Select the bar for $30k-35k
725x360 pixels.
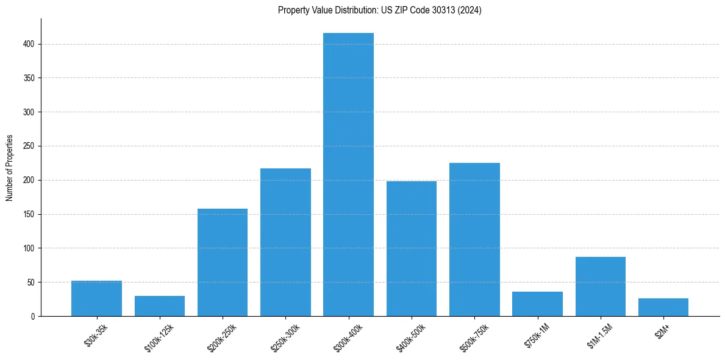(x=96, y=298)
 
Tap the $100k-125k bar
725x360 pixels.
(x=160, y=306)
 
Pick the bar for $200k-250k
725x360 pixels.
(x=223, y=262)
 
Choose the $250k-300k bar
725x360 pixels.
(x=285, y=242)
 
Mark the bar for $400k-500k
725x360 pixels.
(x=412, y=248)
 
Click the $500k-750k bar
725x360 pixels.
(x=474, y=239)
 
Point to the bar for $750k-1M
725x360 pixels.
(x=537, y=304)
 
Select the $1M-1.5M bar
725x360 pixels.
(x=601, y=286)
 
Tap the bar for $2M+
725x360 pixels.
(x=663, y=307)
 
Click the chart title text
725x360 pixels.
(x=380, y=10)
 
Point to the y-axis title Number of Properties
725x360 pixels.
(x=10, y=168)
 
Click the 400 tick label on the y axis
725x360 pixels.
(x=29, y=44)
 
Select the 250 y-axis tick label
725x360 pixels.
(x=29, y=146)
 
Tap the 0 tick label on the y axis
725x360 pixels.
(x=33, y=316)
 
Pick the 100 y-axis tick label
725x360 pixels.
(x=29, y=248)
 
